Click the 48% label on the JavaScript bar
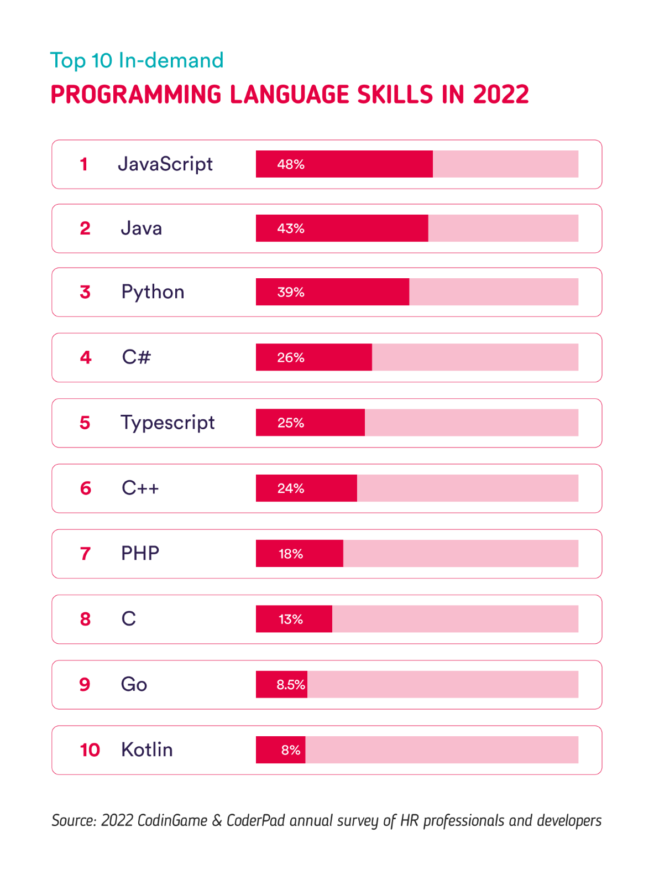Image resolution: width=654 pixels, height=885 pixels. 291,164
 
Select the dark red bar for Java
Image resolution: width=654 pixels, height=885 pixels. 342,228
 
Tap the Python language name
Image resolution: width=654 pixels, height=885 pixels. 153,292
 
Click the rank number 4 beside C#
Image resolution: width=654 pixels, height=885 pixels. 86,357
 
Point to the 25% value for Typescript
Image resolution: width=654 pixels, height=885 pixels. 291,423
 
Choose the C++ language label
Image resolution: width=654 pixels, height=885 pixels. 140,488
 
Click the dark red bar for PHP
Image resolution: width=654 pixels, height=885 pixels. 299,554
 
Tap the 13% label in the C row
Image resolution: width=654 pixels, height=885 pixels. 291,619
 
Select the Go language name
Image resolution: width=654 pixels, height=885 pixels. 134,684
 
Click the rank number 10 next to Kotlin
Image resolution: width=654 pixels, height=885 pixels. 90,750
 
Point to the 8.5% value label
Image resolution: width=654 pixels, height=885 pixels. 291,685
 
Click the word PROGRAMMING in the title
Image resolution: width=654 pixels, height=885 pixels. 136,95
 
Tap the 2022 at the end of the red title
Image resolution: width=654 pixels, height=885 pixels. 501,95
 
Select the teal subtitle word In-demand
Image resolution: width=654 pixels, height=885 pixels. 171,60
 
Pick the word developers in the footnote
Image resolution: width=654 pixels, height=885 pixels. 569,820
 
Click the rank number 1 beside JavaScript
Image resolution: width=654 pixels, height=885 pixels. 84,164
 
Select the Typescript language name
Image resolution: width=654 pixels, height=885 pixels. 168,423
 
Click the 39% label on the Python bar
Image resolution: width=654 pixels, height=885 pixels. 291,292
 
